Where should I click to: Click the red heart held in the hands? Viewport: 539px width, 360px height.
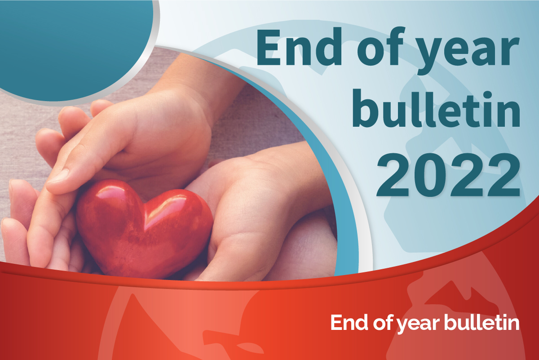144,229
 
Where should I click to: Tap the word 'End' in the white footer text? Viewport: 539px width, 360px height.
349,323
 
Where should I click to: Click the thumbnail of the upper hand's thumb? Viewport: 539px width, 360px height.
58,176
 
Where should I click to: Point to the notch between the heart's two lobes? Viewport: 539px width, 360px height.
145,204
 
